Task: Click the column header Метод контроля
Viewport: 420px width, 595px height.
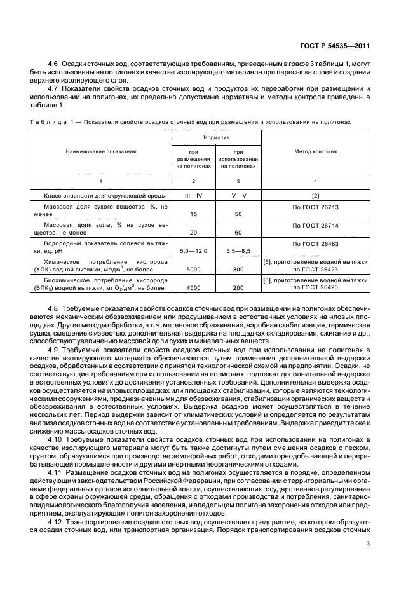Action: (x=315, y=152)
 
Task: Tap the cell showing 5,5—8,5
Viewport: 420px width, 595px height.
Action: (x=239, y=251)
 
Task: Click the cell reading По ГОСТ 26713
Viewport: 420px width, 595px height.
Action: (x=315, y=207)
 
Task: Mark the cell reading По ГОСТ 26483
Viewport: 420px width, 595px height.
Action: (x=315, y=243)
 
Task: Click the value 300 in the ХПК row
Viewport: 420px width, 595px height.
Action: (x=239, y=270)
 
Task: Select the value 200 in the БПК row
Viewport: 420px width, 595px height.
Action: (x=239, y=288)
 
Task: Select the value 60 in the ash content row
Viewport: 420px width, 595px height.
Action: (x=239, y=233)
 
